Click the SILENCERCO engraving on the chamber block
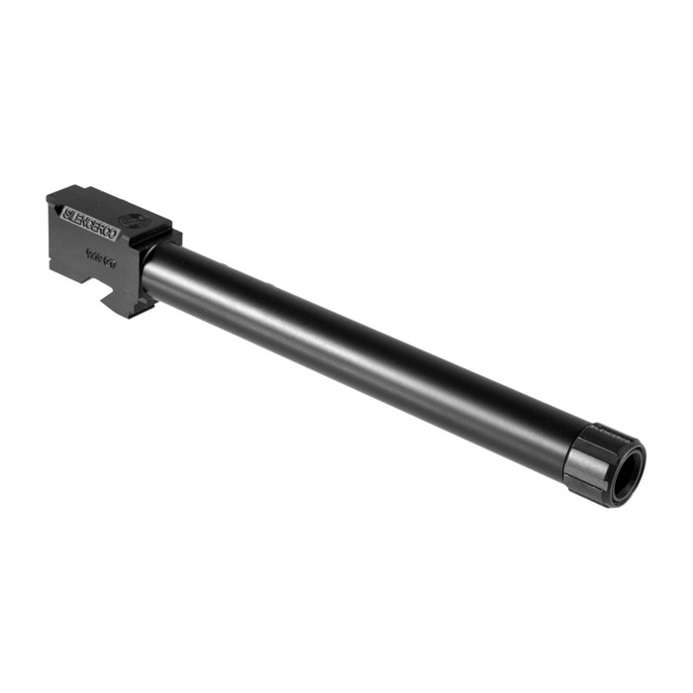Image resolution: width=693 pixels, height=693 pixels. (x=90, y=223)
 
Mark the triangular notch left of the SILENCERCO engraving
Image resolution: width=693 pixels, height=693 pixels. (x=55, y=203)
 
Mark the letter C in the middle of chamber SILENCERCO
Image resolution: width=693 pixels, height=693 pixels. (x=92, y=224)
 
